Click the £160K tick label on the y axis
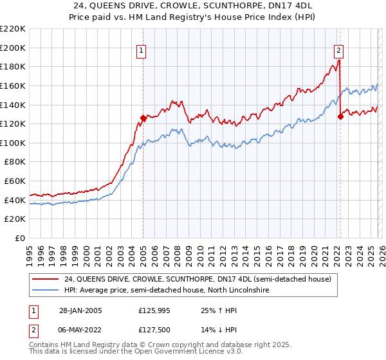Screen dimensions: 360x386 (13, 85)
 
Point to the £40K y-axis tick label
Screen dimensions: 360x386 (15, 200)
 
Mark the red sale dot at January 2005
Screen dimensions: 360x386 (143, 118)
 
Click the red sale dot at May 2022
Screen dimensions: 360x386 (340, 116)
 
